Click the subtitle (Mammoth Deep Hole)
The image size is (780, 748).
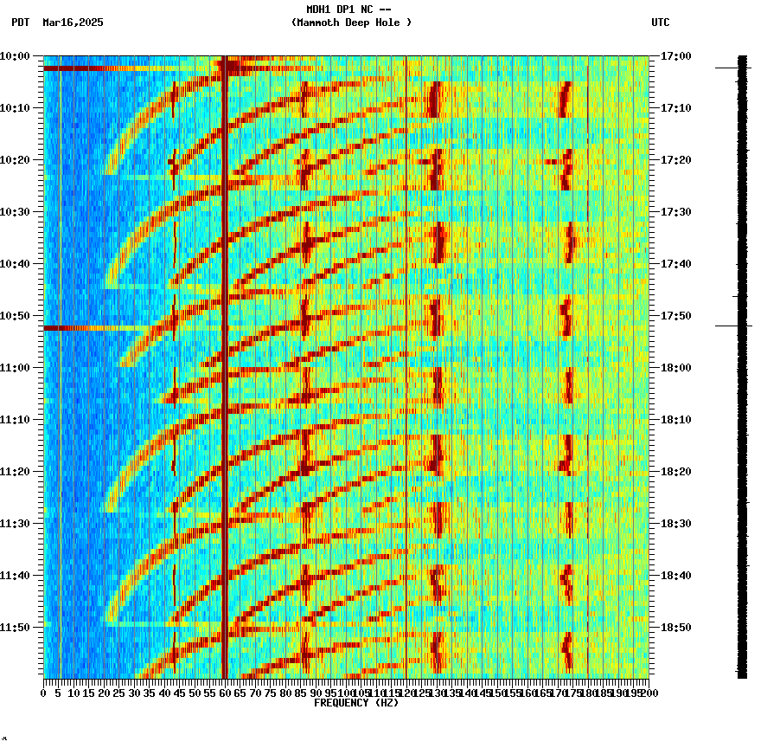pos(351,23)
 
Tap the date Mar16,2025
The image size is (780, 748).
pos(73,23)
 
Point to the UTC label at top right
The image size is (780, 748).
pos(660,23)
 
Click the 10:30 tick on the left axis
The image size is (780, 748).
pos(15,211)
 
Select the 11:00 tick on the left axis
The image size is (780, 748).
pos(15,367)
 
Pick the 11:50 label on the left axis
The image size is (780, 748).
pos(15,627)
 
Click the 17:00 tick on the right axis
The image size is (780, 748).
pos(675,55)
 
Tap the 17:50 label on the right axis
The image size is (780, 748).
pos(675,315)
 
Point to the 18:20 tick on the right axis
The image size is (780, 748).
pos(675,471)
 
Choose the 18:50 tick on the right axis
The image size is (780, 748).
pos(675,627)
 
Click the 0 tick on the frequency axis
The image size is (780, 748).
pos(44,693)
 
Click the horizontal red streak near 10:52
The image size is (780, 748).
pos(86,328)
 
